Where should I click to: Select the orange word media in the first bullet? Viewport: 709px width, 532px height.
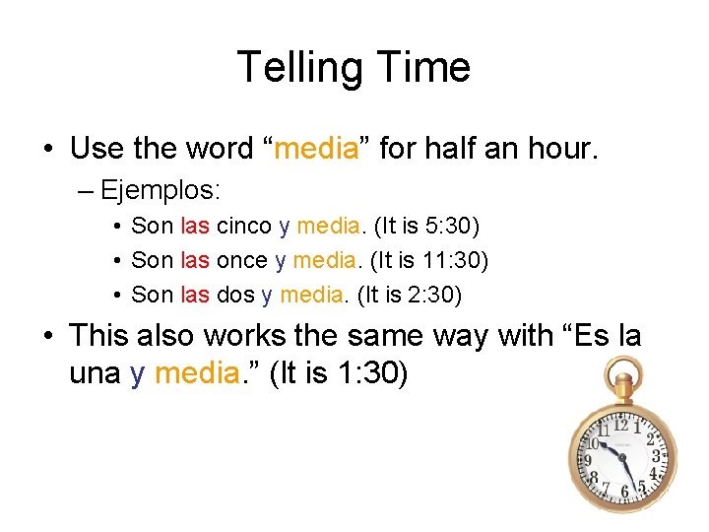pyautogui.click(x=316, y=149)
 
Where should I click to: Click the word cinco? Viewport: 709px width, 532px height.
pyautogui.click(x=244, y=226)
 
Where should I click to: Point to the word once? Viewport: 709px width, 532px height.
pyautogui.click(x=242, y=260)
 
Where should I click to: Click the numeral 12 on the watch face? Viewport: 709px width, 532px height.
pyautogui.click(x=621, y=426)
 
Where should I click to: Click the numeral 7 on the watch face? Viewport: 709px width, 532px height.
pyautogui.click(x=606, y=488)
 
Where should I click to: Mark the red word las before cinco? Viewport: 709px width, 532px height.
pyautogui.click(x=195, y=226)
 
